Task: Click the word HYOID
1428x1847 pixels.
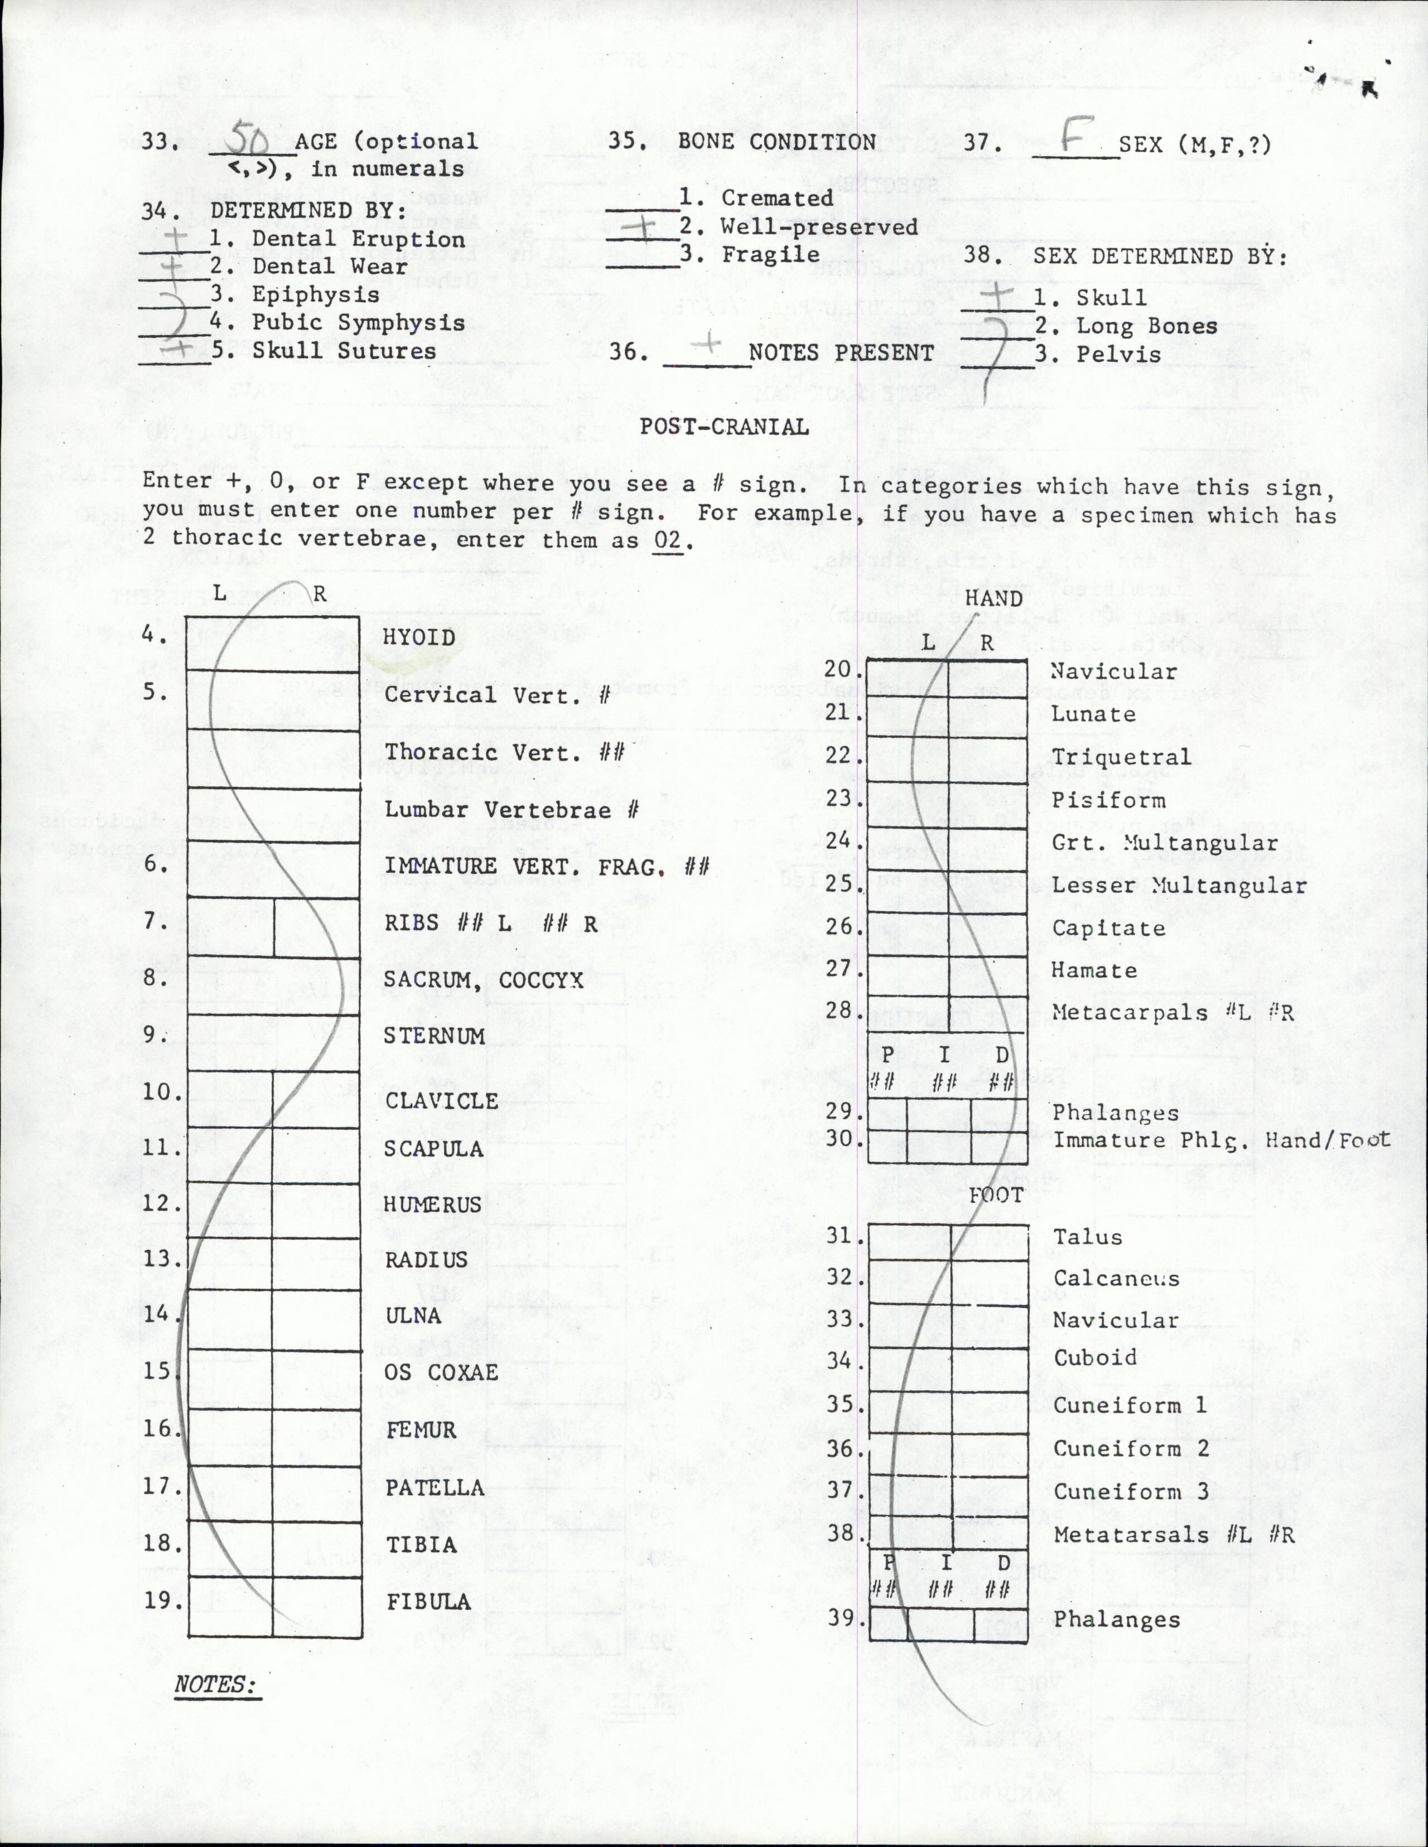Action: [419, 637]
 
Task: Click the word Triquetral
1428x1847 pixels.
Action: [1120, 756]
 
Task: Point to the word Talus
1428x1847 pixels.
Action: [1088, 1237]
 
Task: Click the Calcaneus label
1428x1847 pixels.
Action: [1116, 1279]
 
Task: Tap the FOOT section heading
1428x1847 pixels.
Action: [996, 1196]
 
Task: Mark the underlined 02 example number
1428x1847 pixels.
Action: [668, 539]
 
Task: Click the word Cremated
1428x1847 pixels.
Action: [776, 198]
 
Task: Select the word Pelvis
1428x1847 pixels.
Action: [1118, 354]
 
